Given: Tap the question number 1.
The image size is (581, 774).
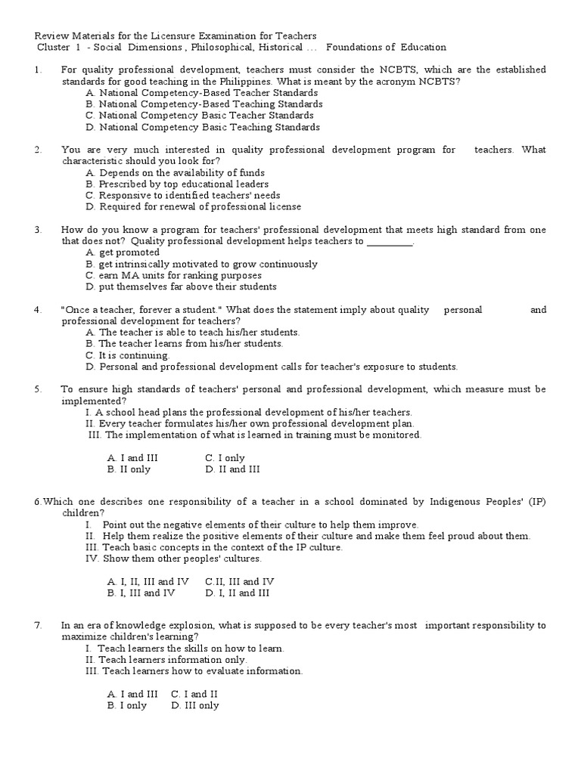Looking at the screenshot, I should pyautogui.click(x=37, y=70).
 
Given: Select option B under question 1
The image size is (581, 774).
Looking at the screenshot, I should pyautogui.click(x=204, y=104).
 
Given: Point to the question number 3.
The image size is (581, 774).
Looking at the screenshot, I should pyautogui.click(x=37, y=230).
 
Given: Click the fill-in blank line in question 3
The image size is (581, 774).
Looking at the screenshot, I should pyautogui.click(x=390, y=242).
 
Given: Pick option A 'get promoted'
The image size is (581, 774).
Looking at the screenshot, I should pyautogui.click(x=123, y=252).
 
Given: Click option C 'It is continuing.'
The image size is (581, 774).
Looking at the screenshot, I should pyautogui.click(x=128, y=355).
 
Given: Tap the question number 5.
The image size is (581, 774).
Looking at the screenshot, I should pyautogui.click(x=37, y=389).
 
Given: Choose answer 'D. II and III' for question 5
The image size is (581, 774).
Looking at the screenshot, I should pyautogui.click(x=232, y=469).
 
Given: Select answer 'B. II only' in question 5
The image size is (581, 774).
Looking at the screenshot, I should pyautogui.click(x=129, y=469).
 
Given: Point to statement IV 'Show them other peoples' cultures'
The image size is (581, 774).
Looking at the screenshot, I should pyautogui.click(x=174, y=559).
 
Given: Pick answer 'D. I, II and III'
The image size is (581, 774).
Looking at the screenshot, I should pyautogui.click(x=237, y=593).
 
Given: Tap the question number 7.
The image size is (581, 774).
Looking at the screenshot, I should pyautogui.click(x=37, y=626).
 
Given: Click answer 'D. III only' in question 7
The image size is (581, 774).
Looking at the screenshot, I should pyautogui.click(x=195, y=706).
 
